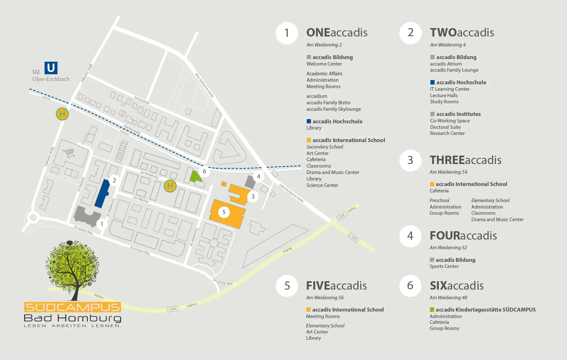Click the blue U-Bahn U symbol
pos(51,68)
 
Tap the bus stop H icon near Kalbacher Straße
pos(62,114)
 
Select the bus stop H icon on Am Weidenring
pos(170,186)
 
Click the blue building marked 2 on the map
pos(102,193)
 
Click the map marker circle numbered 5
pos(224,212)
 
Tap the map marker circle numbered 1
pos(102,224)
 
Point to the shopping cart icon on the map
pos(69,153)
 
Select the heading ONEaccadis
pos(337,33)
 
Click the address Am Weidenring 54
pos(448,172)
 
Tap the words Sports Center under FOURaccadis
pos(444,266)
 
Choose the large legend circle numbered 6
pos(410,285)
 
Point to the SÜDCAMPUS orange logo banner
pos(73,307)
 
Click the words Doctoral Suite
pos(445,127)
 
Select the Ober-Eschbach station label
pos(51,79)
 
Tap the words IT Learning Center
pos(449,89)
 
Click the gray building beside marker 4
pos(250,182)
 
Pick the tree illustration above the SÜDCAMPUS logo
pos(73,266)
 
